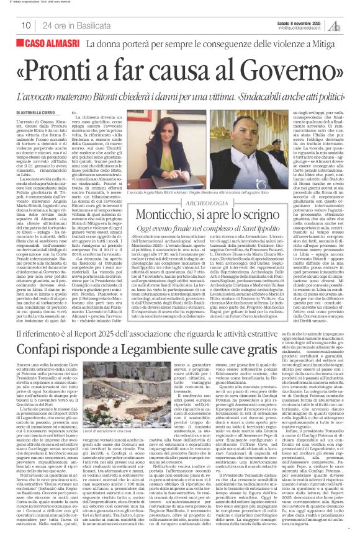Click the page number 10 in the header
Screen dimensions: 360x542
point(26,25)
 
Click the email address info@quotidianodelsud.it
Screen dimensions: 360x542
point(302,27)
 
